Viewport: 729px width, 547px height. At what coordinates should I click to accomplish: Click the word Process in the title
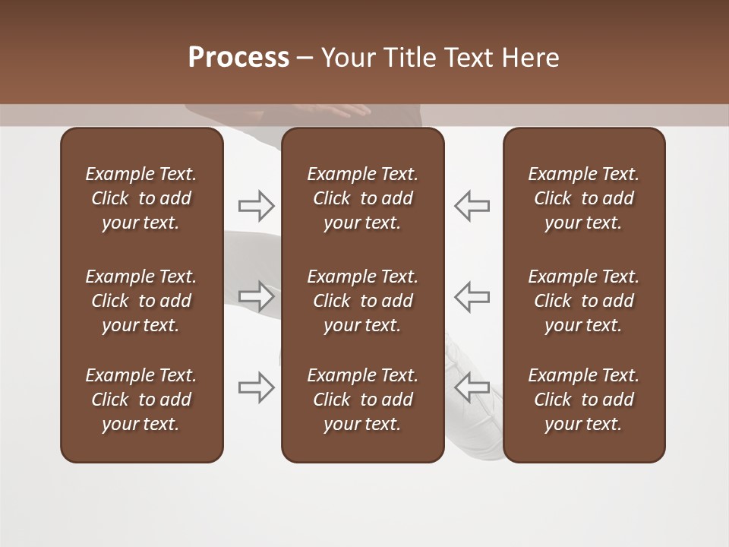pyautogui.click(x=238, y=58)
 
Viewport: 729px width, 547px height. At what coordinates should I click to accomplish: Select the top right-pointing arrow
pyautogui.click(x=256, y=205)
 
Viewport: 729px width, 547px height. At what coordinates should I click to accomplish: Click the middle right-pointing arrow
pyautogui.click(x=256, y=296)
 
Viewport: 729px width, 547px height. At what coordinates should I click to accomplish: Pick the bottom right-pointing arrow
pyautogui.click(x=256, y=387)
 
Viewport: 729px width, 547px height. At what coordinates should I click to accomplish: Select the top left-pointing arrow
pyautogui.click(x=472, y=205)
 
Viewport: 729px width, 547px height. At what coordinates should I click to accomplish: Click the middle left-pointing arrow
pyautogui.click(x=472, y=296)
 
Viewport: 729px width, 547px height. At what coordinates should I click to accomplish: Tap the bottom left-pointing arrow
pyautogui.click(x=472, y=387)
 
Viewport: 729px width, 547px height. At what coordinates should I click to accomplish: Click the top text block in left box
pyautogui.click(x=141, y=198)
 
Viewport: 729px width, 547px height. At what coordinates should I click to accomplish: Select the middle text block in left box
pyautogui.click(x=141, y=301)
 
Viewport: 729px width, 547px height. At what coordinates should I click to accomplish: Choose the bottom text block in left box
pyautogui.click(x=141, y=400)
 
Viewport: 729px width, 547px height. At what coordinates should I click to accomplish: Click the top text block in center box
pyautogui.click(x=362, y=198)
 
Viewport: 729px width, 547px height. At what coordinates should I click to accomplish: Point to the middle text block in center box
pyautogui.click(x=362, y=301)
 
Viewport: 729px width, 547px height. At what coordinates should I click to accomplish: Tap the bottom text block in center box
pyautogui.click(x=362, y=400)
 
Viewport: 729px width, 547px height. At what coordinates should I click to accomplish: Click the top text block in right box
pyautogui.click(x=583, y=198)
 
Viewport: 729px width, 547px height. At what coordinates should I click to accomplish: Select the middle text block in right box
pyautogui.click(x=583, y=301)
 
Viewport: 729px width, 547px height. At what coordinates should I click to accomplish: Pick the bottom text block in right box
pyautogui.click(x=583, y=400)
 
